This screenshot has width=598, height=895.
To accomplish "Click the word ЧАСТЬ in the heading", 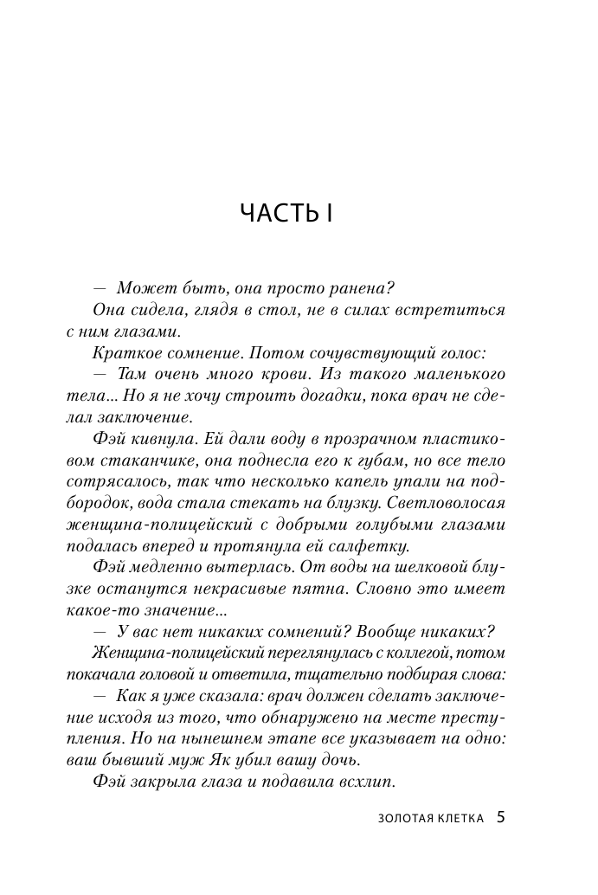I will tap(278, 213).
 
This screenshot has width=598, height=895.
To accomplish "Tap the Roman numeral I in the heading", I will tap(330, 213).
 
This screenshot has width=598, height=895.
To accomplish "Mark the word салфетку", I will tap(370, 545).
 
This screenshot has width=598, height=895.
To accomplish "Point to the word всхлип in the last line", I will tap(369, 781).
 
